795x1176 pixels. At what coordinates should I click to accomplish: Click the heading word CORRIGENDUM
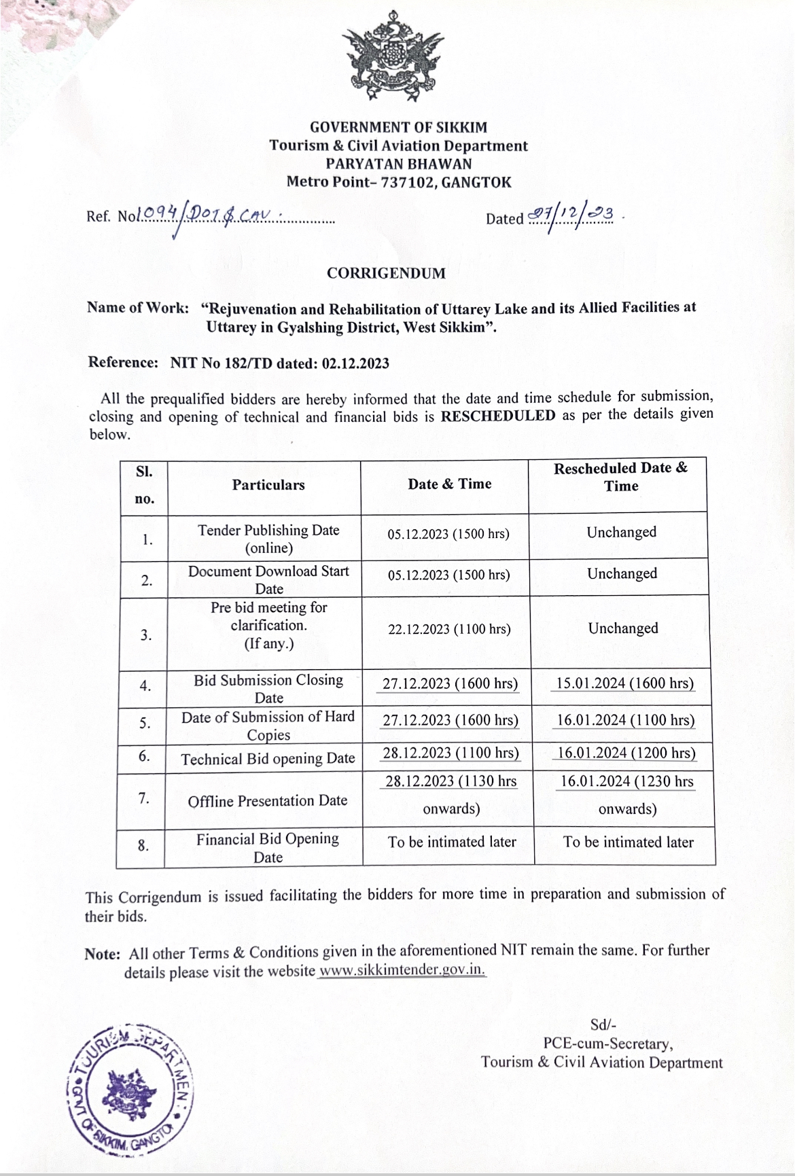pyautogui.click(x=386, y=273)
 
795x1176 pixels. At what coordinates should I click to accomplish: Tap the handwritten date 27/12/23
pyautogui.click(x=571, y=216)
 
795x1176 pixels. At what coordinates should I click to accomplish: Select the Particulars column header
pyautogui.click(x=268, y=485)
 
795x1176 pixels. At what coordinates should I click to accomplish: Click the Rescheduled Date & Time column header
pyautogui.click(x=620, y=477)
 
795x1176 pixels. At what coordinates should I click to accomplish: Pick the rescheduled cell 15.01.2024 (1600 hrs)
pyautogui.click(x=622, y=683)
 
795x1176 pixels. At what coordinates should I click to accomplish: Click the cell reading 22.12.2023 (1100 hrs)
pyautogui.click(x=449, y=629)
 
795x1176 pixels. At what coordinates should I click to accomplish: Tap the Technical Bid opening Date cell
pyautogui.click(x=268, y=759)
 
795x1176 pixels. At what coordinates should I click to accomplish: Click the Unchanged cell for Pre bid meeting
pyautogui.click(x=623, y=628)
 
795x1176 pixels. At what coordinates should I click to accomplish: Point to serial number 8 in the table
pyautogui.click(x=143, y=846)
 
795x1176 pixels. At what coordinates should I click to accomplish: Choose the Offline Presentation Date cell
pyautogui.click(x=268, y=800)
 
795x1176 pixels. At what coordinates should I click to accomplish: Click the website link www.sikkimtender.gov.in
pyautogui.click(x=402, y=970)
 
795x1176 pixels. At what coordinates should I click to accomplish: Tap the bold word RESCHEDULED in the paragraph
pyautogui.click(x=498, y=416)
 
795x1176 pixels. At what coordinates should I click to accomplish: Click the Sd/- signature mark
pyautogui.click(x=603, y=1026)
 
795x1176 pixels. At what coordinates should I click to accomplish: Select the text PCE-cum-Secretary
pyautogui.click(x=607, y=1044)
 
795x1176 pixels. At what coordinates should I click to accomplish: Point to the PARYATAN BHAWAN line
pyautogui.click(x=398, y=163)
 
